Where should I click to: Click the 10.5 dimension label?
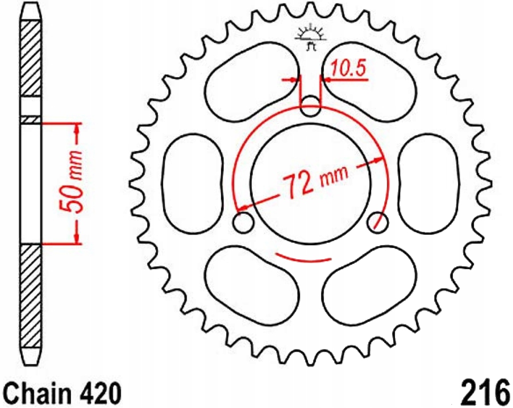[348, 69]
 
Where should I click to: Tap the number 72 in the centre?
[299, 186]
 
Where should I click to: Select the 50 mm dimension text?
[72, 183]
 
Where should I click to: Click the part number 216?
[485, 392]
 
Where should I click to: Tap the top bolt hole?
[310, 106]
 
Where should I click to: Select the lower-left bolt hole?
[243, 223]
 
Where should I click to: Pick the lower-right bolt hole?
[378, 223]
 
